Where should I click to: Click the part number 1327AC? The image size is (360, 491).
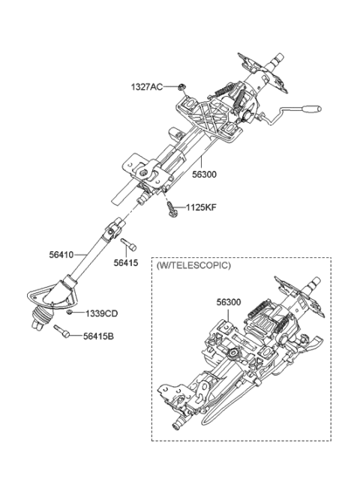[147, 87]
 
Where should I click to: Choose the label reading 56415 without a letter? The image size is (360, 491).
[126, 262]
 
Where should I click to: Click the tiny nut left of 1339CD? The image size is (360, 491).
[70, 312]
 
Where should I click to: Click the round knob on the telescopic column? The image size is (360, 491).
[234, 353]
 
